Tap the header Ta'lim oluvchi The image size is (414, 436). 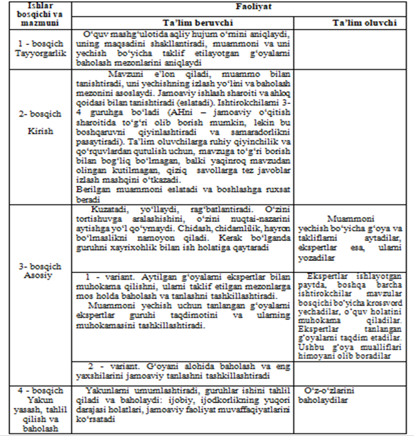tap(354, 21)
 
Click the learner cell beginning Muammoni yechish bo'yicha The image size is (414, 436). tap(354, 237)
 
